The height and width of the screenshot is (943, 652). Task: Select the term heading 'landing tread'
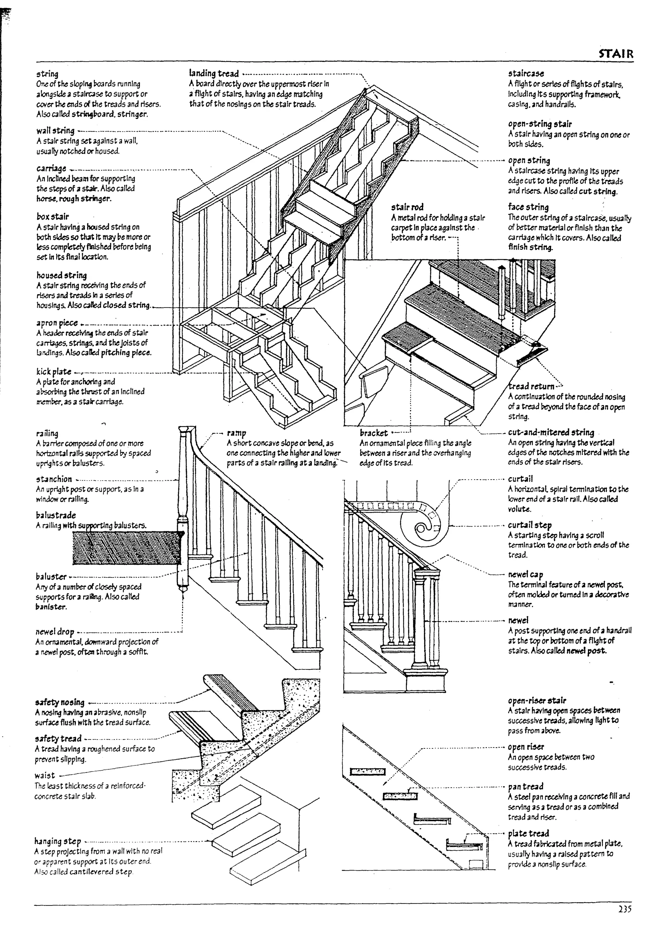[214, 74]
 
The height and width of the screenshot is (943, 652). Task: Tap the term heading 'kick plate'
[53, 372]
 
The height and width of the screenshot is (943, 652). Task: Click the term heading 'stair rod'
[407, 207]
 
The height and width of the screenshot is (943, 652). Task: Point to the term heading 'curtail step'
[529, 525]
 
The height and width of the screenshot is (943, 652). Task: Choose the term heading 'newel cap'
[525, 575]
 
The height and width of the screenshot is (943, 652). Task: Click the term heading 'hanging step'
[58, 841]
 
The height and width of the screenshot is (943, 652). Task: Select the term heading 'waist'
[45, 775]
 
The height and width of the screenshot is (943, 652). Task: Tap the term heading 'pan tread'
[525, 787]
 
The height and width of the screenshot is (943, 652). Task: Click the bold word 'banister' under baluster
[51, 607]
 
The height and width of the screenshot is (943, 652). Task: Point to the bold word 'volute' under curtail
[519, 509]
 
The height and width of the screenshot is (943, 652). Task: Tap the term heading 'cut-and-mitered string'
[551, 432]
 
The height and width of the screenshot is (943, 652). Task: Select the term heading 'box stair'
[53, 217]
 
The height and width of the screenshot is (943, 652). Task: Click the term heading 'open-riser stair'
[537, 700]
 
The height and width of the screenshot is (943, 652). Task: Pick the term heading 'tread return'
[531, 387]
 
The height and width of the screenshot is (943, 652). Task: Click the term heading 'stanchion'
[54, 479]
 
